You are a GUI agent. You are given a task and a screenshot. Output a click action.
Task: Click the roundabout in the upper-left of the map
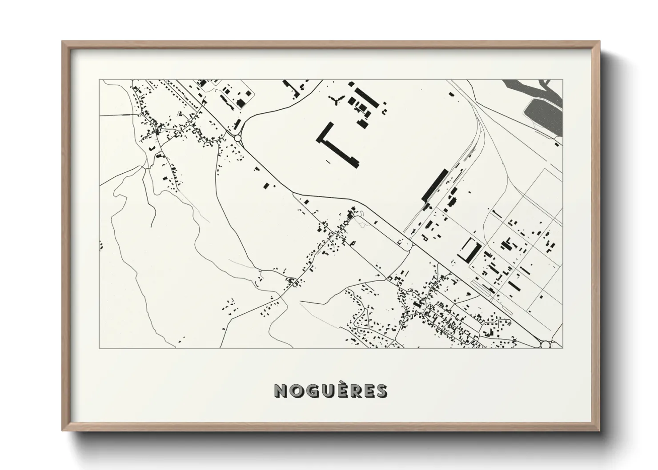(x=238, y=138)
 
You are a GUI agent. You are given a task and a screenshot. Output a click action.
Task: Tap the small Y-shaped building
(x=336, y=101)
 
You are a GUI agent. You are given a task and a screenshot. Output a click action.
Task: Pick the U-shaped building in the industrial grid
(x=469, y=250)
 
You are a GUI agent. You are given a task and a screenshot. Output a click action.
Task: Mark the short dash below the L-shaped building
(x=328, y=161)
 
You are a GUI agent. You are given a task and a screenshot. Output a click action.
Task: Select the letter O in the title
(x=297, y=391)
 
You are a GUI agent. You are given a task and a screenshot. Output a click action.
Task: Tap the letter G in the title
(x=311, y=391)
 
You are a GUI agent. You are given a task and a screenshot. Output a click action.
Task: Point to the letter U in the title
(x=326, y=391)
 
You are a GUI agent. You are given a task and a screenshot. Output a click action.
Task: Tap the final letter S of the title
(x=381, y=391)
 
